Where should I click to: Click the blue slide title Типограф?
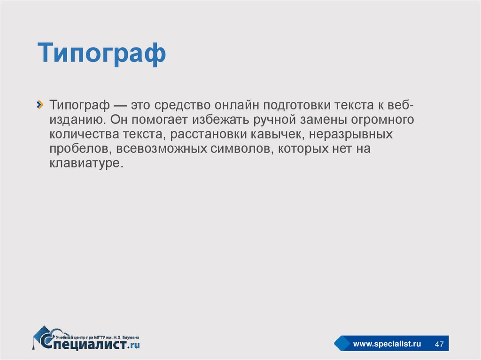101,54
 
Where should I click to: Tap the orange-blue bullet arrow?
40,105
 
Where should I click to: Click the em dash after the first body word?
120,106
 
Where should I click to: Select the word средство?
182,105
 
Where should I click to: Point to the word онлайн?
237,105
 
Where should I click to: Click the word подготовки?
296,105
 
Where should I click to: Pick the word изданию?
78,120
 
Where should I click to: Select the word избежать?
221,120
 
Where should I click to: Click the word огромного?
382,120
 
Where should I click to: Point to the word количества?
85,134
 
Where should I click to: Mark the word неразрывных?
350,134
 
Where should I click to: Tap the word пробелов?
80,149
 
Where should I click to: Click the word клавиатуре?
86,163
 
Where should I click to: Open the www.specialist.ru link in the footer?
387,344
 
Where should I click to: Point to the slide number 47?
439,344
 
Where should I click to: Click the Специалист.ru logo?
86,338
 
